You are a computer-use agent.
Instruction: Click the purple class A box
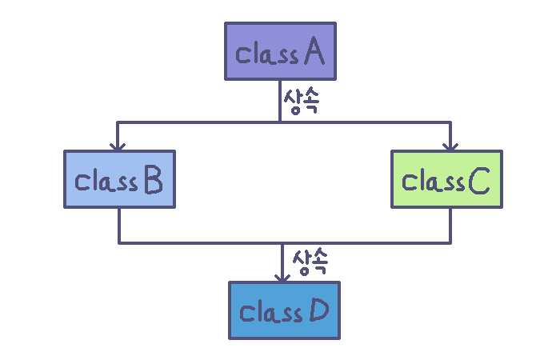pyautogui.click(x=280, y=51)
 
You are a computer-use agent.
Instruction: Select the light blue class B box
pyautogui.click(x=119, y=180)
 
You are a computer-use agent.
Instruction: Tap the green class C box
pyautogui.click(x=447, y=179)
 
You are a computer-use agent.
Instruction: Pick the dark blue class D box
pyautogui.click(x=284, y=310)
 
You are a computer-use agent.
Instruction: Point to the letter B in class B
pyautogui.click(x=152, y=182)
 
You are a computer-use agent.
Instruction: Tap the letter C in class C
pyautogui.click(x=479, y=182)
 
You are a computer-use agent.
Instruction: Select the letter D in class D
pyautogui.click(x=317, y=311)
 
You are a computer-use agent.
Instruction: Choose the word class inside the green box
pyautogui.click(x=433, y=182)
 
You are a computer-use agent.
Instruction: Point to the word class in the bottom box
pyautogui.click(x=270, y=312)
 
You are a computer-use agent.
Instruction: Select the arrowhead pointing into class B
pyautogui.click(x=118, y=146)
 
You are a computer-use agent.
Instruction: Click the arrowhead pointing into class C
pyautogui.click(x=450, y=146)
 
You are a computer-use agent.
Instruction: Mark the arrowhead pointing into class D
pyautogui.click(x=282, y=276)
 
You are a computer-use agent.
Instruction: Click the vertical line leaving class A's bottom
pyautogui.click(x=279, y=100)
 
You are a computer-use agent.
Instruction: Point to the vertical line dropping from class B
pyautogui.click(x=119, y=225)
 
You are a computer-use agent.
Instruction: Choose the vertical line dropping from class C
pyautogui.click(x=450, y=225)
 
